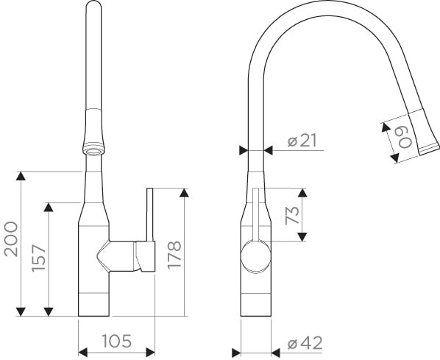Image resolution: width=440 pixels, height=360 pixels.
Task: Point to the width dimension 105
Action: point(116,341)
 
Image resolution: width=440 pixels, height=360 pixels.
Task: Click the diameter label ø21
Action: point(302,139)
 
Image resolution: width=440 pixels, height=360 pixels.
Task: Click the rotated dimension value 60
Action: point(404,136)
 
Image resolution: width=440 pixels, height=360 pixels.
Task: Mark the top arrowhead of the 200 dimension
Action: point(21,175)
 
